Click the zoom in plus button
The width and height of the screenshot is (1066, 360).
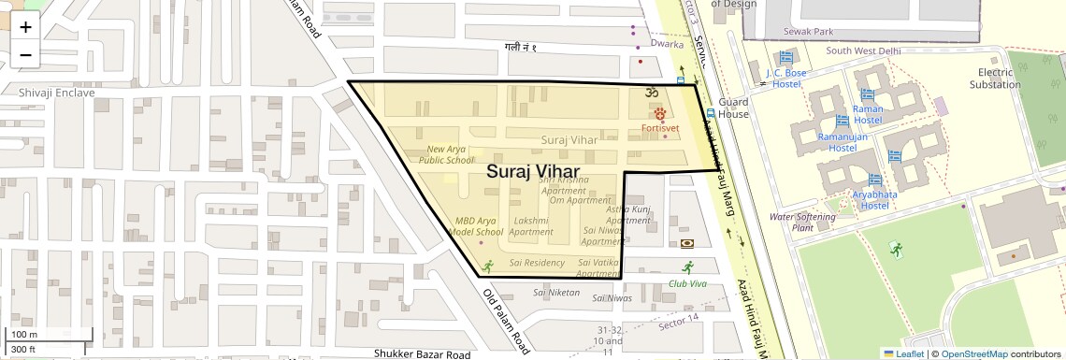pyautogui.click(x=25, y=26)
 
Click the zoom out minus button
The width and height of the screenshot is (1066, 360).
pyautogui.click(x=25, y=54)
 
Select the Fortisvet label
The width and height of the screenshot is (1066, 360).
pyautogui.click(x=659, y=128)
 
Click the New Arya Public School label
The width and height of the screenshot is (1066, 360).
pyautogui.click(x=446, y=154)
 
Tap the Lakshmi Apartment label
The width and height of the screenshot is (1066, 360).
pyautogui.click(x=531, y=226)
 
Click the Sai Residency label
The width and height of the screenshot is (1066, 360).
pyautogui.click(x=537, y=263)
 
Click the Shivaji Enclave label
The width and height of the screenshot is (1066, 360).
pyautogui.click(x=57, y=93)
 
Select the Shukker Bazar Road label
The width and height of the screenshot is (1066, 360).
pyautogui.click(x=422, y=354)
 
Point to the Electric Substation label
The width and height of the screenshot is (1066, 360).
pyautogui.click(x=994, y=79)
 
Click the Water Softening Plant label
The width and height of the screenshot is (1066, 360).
pyautogui.click(x=800, y=222)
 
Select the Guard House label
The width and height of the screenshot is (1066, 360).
pyautogui.click(x=734, y=108)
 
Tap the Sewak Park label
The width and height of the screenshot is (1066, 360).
pyautogui.click(x=810, y=32)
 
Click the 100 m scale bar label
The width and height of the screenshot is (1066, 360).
pyautogui.click(x=23, y=335)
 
